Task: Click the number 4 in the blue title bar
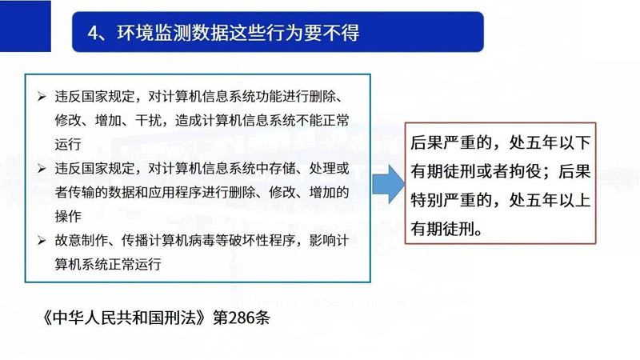click(94, 33)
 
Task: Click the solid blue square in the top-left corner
click(26, 26)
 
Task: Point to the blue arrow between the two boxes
click(389, 185)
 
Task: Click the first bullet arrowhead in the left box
click(42, 97)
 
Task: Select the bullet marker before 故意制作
click(42, 241)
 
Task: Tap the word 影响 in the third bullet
click(322, 241)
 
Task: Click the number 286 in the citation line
click(243, 318)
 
